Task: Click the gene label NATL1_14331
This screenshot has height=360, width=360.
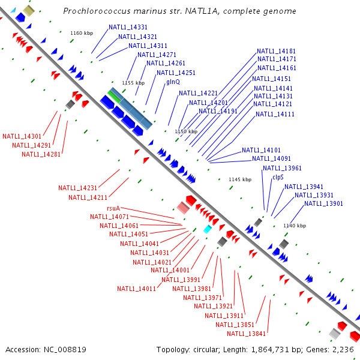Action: [x=128, y=28]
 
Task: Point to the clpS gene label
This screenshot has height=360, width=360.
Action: [x=278, y=177]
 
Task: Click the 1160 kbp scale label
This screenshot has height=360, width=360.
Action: [x=82, y=34]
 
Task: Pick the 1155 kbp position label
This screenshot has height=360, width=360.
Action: [x=133, y=83]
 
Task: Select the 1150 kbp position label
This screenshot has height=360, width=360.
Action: [x=186, y=131]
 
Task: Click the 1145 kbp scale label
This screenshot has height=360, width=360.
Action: [x=240, y=179]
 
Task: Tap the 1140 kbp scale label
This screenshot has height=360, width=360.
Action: [x=294, y=226]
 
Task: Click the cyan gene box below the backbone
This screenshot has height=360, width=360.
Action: [x=208, y=230]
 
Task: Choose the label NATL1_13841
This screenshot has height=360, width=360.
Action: [x=246, y=334]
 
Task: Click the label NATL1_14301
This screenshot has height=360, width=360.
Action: [x=22, y=136]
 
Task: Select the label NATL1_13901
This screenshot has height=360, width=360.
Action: [x=323, y=204]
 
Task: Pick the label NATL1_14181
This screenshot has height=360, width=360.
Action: [x=276, y=51]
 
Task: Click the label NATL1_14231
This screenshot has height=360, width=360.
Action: [x=77, y=188]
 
